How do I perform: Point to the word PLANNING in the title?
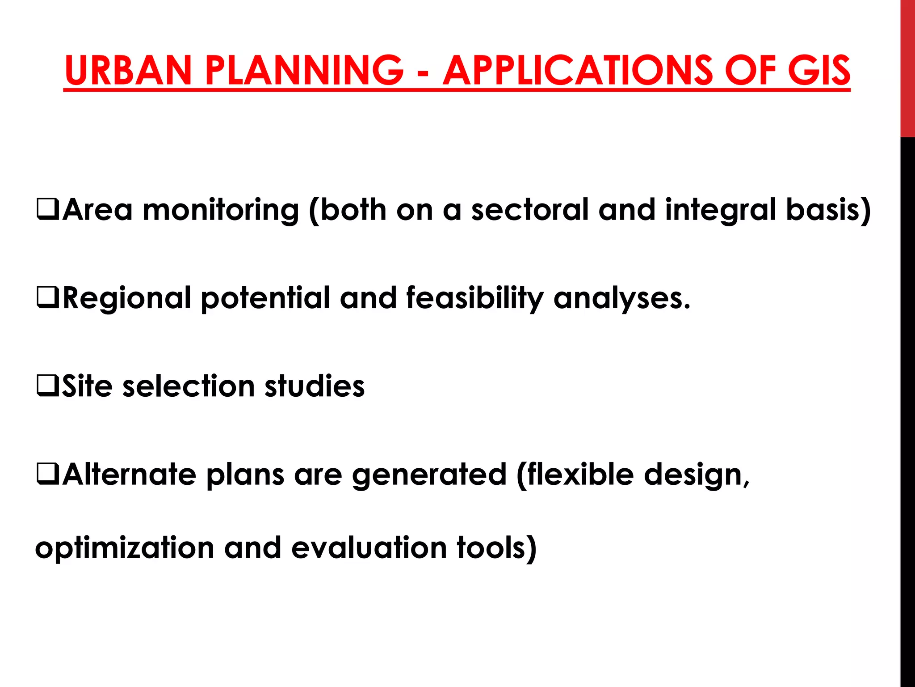point(304,70)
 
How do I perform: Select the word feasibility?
point(475,298)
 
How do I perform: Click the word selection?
point(188,386)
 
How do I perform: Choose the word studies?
point(315,386)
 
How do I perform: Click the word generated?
point(429,475)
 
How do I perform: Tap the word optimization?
point(125,548)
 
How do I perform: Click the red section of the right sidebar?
point(907,67)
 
